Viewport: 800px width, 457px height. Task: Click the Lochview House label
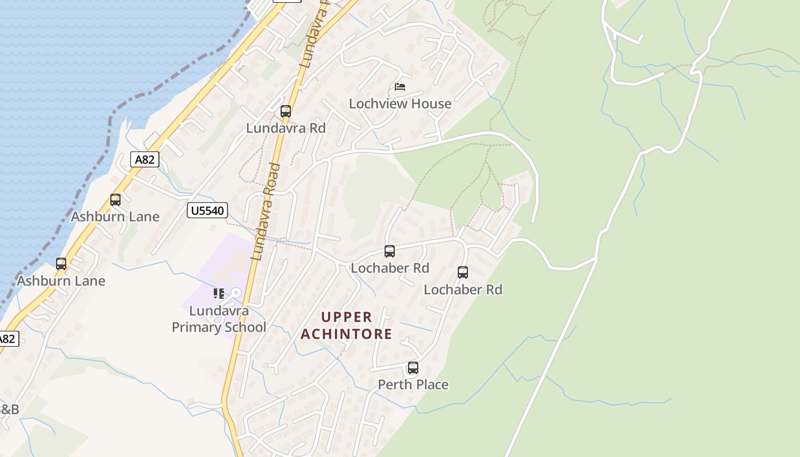tap(400, 103)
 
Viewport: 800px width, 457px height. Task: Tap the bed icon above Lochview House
tap(400, 87)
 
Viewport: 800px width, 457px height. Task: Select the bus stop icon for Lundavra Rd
tap(286, 111)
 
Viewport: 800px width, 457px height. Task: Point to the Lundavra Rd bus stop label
tap(286, 128)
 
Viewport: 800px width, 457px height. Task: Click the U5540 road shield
tap(207, 211)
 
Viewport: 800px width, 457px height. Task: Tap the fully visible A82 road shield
tap(145, 159)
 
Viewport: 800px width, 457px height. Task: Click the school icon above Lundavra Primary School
tap(219, 294)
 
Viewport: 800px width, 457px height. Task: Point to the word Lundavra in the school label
tap(219, 311)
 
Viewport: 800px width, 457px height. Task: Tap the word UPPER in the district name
tap(347, 317)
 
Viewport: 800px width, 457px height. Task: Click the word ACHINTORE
tap(347, 334)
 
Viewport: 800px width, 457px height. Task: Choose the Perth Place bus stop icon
tap(413, 368)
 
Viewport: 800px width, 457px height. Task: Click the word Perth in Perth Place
tap(395, 384)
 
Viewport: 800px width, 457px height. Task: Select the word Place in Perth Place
tap(431, 384)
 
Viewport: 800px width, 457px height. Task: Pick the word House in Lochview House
tap(433, 103)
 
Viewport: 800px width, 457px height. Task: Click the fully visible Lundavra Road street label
tap(266, 211)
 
